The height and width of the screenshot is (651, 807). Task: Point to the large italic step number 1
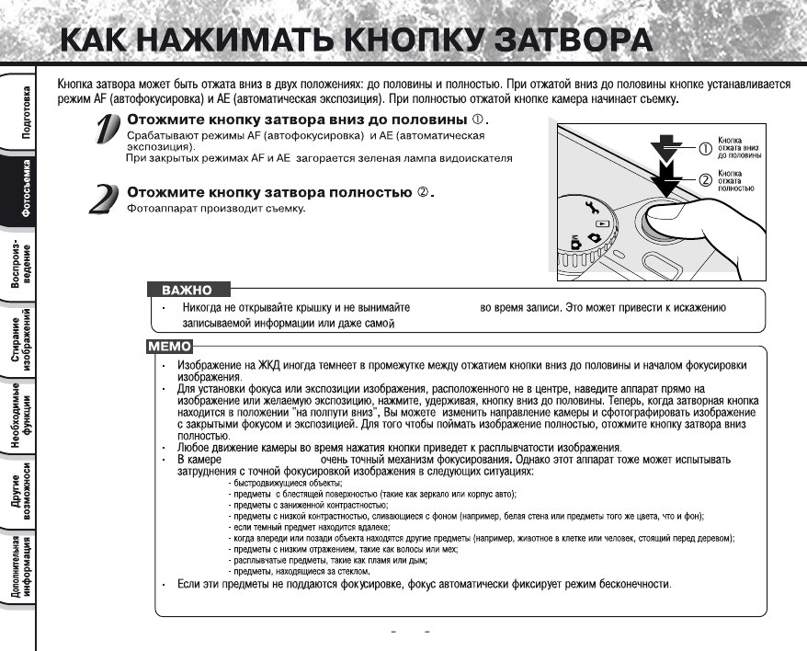108,130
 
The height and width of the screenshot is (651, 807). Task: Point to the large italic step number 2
104,199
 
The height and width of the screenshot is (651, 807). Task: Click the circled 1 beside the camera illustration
706,146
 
